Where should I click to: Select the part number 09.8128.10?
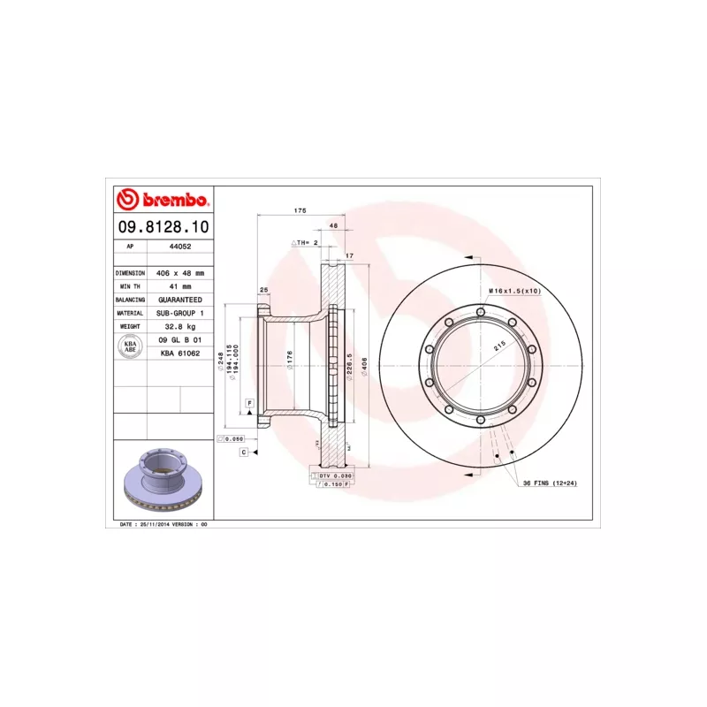tap(163, 227)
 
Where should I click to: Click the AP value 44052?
tap(179, 247)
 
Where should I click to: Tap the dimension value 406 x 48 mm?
tap(179, 273)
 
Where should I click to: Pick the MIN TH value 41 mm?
tap(179, 286)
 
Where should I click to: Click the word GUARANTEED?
tap(179, 300)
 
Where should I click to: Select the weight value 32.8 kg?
tap(179, 326)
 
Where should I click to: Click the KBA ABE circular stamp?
tap(129, 346)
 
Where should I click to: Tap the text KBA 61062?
tap(179, 353)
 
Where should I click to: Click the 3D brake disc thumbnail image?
tap(163, 478)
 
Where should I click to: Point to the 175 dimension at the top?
tap(300, 211)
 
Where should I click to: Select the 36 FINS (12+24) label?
tap(549, 483)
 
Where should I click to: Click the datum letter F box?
tap(250, 403)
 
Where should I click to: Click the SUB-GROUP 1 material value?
tap(179, 313)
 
